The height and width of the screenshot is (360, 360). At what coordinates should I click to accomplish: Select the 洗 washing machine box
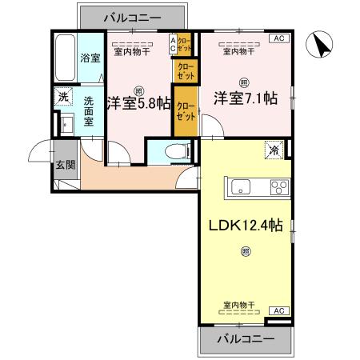[62, 97]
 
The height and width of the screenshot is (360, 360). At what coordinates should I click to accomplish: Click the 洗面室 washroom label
[90, 113]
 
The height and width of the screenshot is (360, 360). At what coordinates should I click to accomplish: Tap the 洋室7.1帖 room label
[244, 98]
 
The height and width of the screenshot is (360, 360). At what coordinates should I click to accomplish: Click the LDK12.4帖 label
[244, 226]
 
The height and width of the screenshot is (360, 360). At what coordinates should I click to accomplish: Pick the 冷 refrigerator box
[273, 148]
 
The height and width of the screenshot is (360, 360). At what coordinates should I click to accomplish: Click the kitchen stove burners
[280, 188]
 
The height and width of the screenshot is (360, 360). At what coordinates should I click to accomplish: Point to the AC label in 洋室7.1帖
[280, 38]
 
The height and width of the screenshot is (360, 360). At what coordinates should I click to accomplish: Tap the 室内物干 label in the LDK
[239, 305]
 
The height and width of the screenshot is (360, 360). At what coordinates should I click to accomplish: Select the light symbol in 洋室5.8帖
[139, 90]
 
